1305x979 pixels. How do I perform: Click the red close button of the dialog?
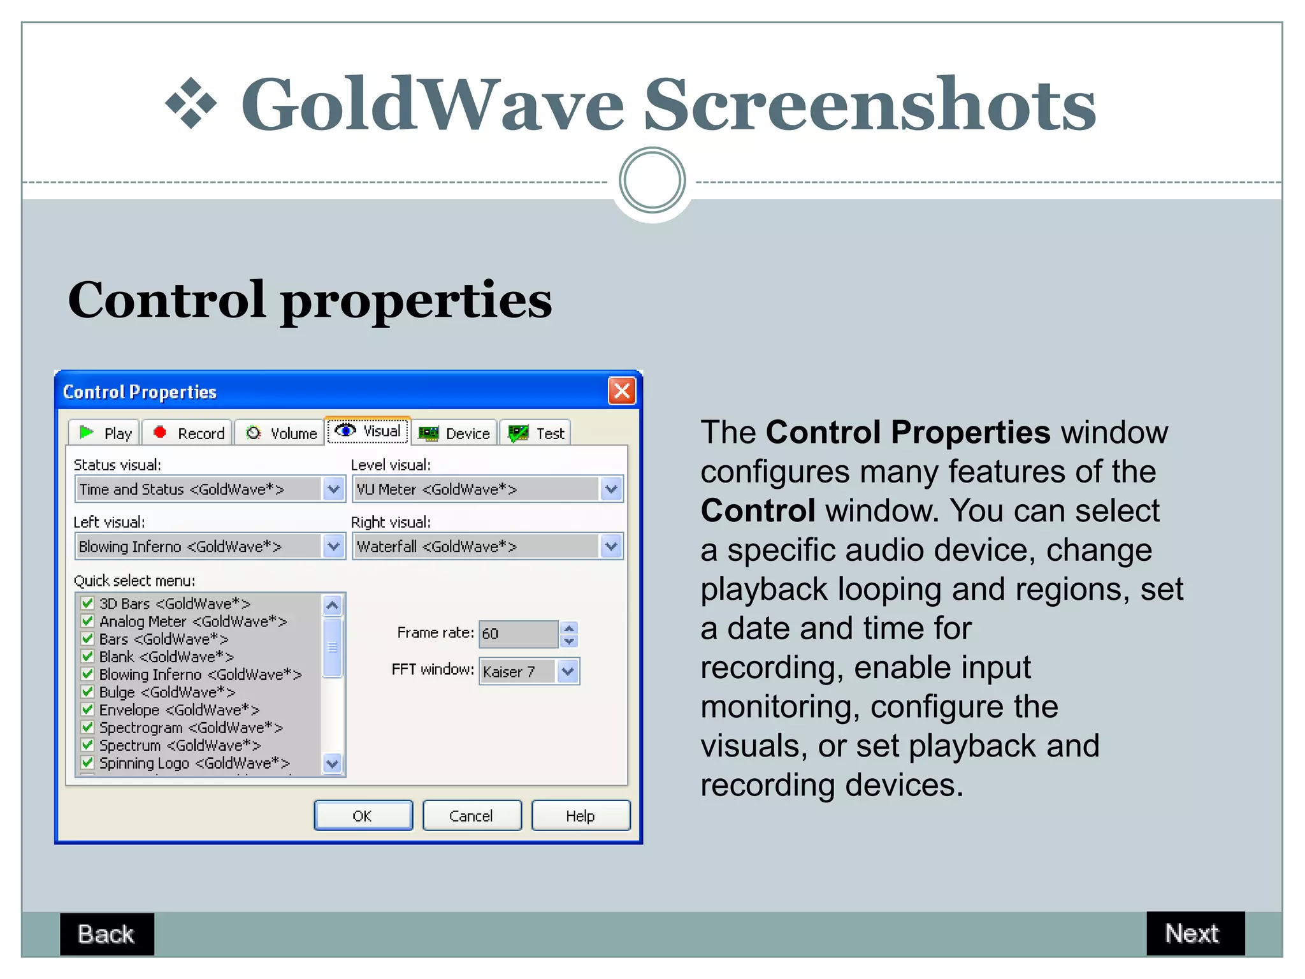click(x=621, y=391)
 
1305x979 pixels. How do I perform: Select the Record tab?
click(x=189, y=433)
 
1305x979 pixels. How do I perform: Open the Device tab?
click(x=454, y=433)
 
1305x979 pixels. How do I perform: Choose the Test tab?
click(x=536, y=433)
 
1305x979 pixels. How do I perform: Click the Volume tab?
click(x=281, y=433)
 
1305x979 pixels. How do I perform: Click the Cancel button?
click(x=472, y=816)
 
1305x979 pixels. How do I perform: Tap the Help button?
click(x=580, y=816)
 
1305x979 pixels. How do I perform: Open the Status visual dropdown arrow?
click(x=333, y=489)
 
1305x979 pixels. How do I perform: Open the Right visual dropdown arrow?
click(x=611, y=546)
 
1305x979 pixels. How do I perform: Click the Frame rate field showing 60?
click(x=518, y=634)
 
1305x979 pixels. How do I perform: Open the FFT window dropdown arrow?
click(x=568, y=671)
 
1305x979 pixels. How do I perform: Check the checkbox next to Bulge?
click(x=88, y=692)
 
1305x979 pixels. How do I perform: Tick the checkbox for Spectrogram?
click(x=88, y=727)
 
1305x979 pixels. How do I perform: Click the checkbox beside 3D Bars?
click(x=88, y=603)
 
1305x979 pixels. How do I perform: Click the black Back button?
click(x=106, y=934)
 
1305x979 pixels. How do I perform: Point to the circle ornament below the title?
click(x=652, y=180)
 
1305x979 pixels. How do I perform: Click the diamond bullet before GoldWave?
click(x=191, y=103)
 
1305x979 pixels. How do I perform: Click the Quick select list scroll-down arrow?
click(x=333, y=763)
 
